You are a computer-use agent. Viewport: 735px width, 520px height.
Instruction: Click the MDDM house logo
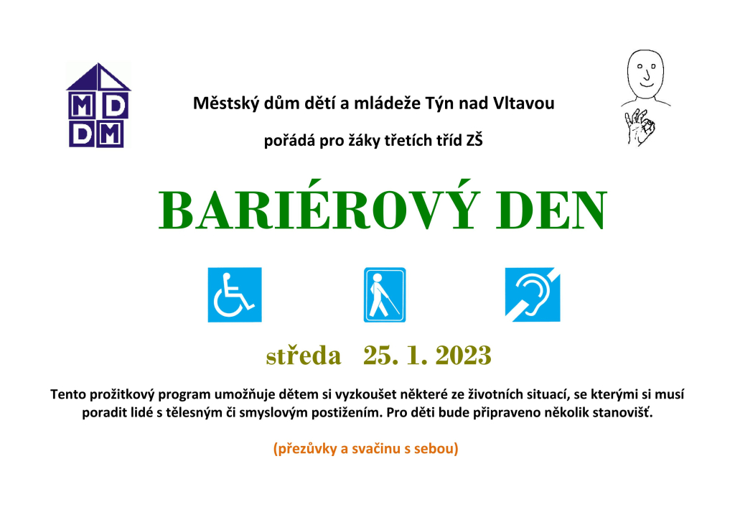[x=98, y=106]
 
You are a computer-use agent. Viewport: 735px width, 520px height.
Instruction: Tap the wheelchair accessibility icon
[x=235, y=294]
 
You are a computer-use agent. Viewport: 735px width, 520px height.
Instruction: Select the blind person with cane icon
[x=385, y=294]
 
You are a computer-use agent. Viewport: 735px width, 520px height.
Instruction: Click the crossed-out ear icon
[x=533, y=294]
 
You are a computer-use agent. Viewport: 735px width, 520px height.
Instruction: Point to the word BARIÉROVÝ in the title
[x=319, y=205]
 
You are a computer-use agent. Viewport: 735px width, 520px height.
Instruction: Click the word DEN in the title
[x=551, y=210]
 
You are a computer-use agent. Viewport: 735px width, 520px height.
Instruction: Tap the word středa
[x=304, y=355]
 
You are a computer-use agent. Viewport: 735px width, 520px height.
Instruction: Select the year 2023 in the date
[x=463, y=355]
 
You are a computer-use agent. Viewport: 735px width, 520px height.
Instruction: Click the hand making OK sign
[x=640, y=126]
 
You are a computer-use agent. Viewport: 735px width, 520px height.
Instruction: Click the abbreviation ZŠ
[x=474, y=140]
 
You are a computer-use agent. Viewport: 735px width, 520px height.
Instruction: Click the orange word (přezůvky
[x=304, y=449]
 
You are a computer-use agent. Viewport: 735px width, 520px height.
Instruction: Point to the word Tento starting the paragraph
[x=67, y=394]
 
